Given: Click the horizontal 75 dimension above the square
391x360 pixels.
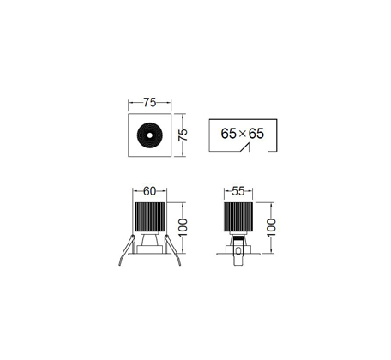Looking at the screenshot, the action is pos(150,102).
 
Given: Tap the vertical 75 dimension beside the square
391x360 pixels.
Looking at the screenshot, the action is pos(183,135).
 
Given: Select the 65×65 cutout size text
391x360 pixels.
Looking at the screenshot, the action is pos(243,134).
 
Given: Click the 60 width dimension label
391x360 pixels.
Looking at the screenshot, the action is pos(149,191).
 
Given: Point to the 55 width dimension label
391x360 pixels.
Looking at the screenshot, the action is pos(238,191).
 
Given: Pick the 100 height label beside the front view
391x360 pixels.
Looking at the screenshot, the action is pos(183,227).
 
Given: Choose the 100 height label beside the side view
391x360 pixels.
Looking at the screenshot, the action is pos(271,227).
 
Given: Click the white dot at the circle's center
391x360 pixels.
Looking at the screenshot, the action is pos(150,135).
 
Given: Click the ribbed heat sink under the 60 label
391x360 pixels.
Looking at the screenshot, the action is pos(150,217).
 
